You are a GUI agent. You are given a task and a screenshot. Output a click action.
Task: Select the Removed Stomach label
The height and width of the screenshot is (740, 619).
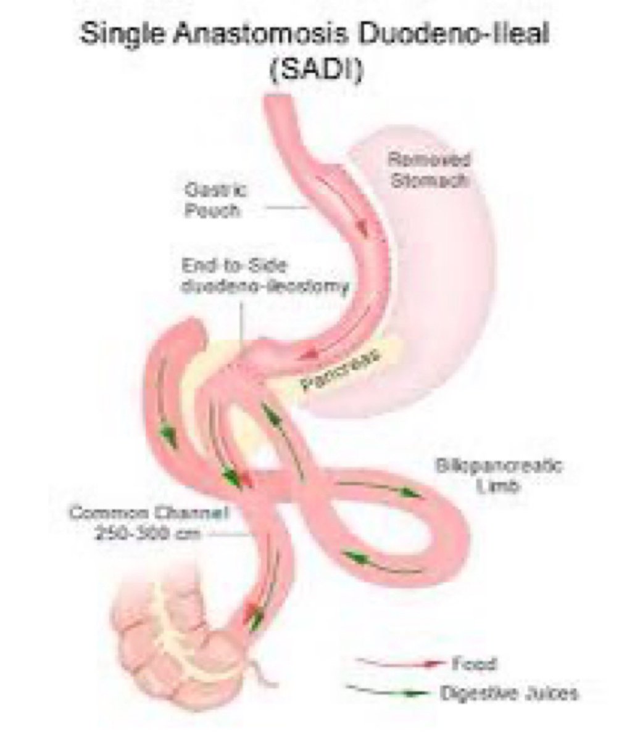pos(428,171)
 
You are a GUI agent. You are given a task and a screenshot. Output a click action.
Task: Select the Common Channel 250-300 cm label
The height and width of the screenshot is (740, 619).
pos(149,522)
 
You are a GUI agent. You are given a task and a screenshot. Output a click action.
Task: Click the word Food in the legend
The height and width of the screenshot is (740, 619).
pos(475,664)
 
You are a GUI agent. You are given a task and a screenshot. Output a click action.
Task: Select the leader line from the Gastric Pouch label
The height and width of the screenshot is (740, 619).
pos(288,208)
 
